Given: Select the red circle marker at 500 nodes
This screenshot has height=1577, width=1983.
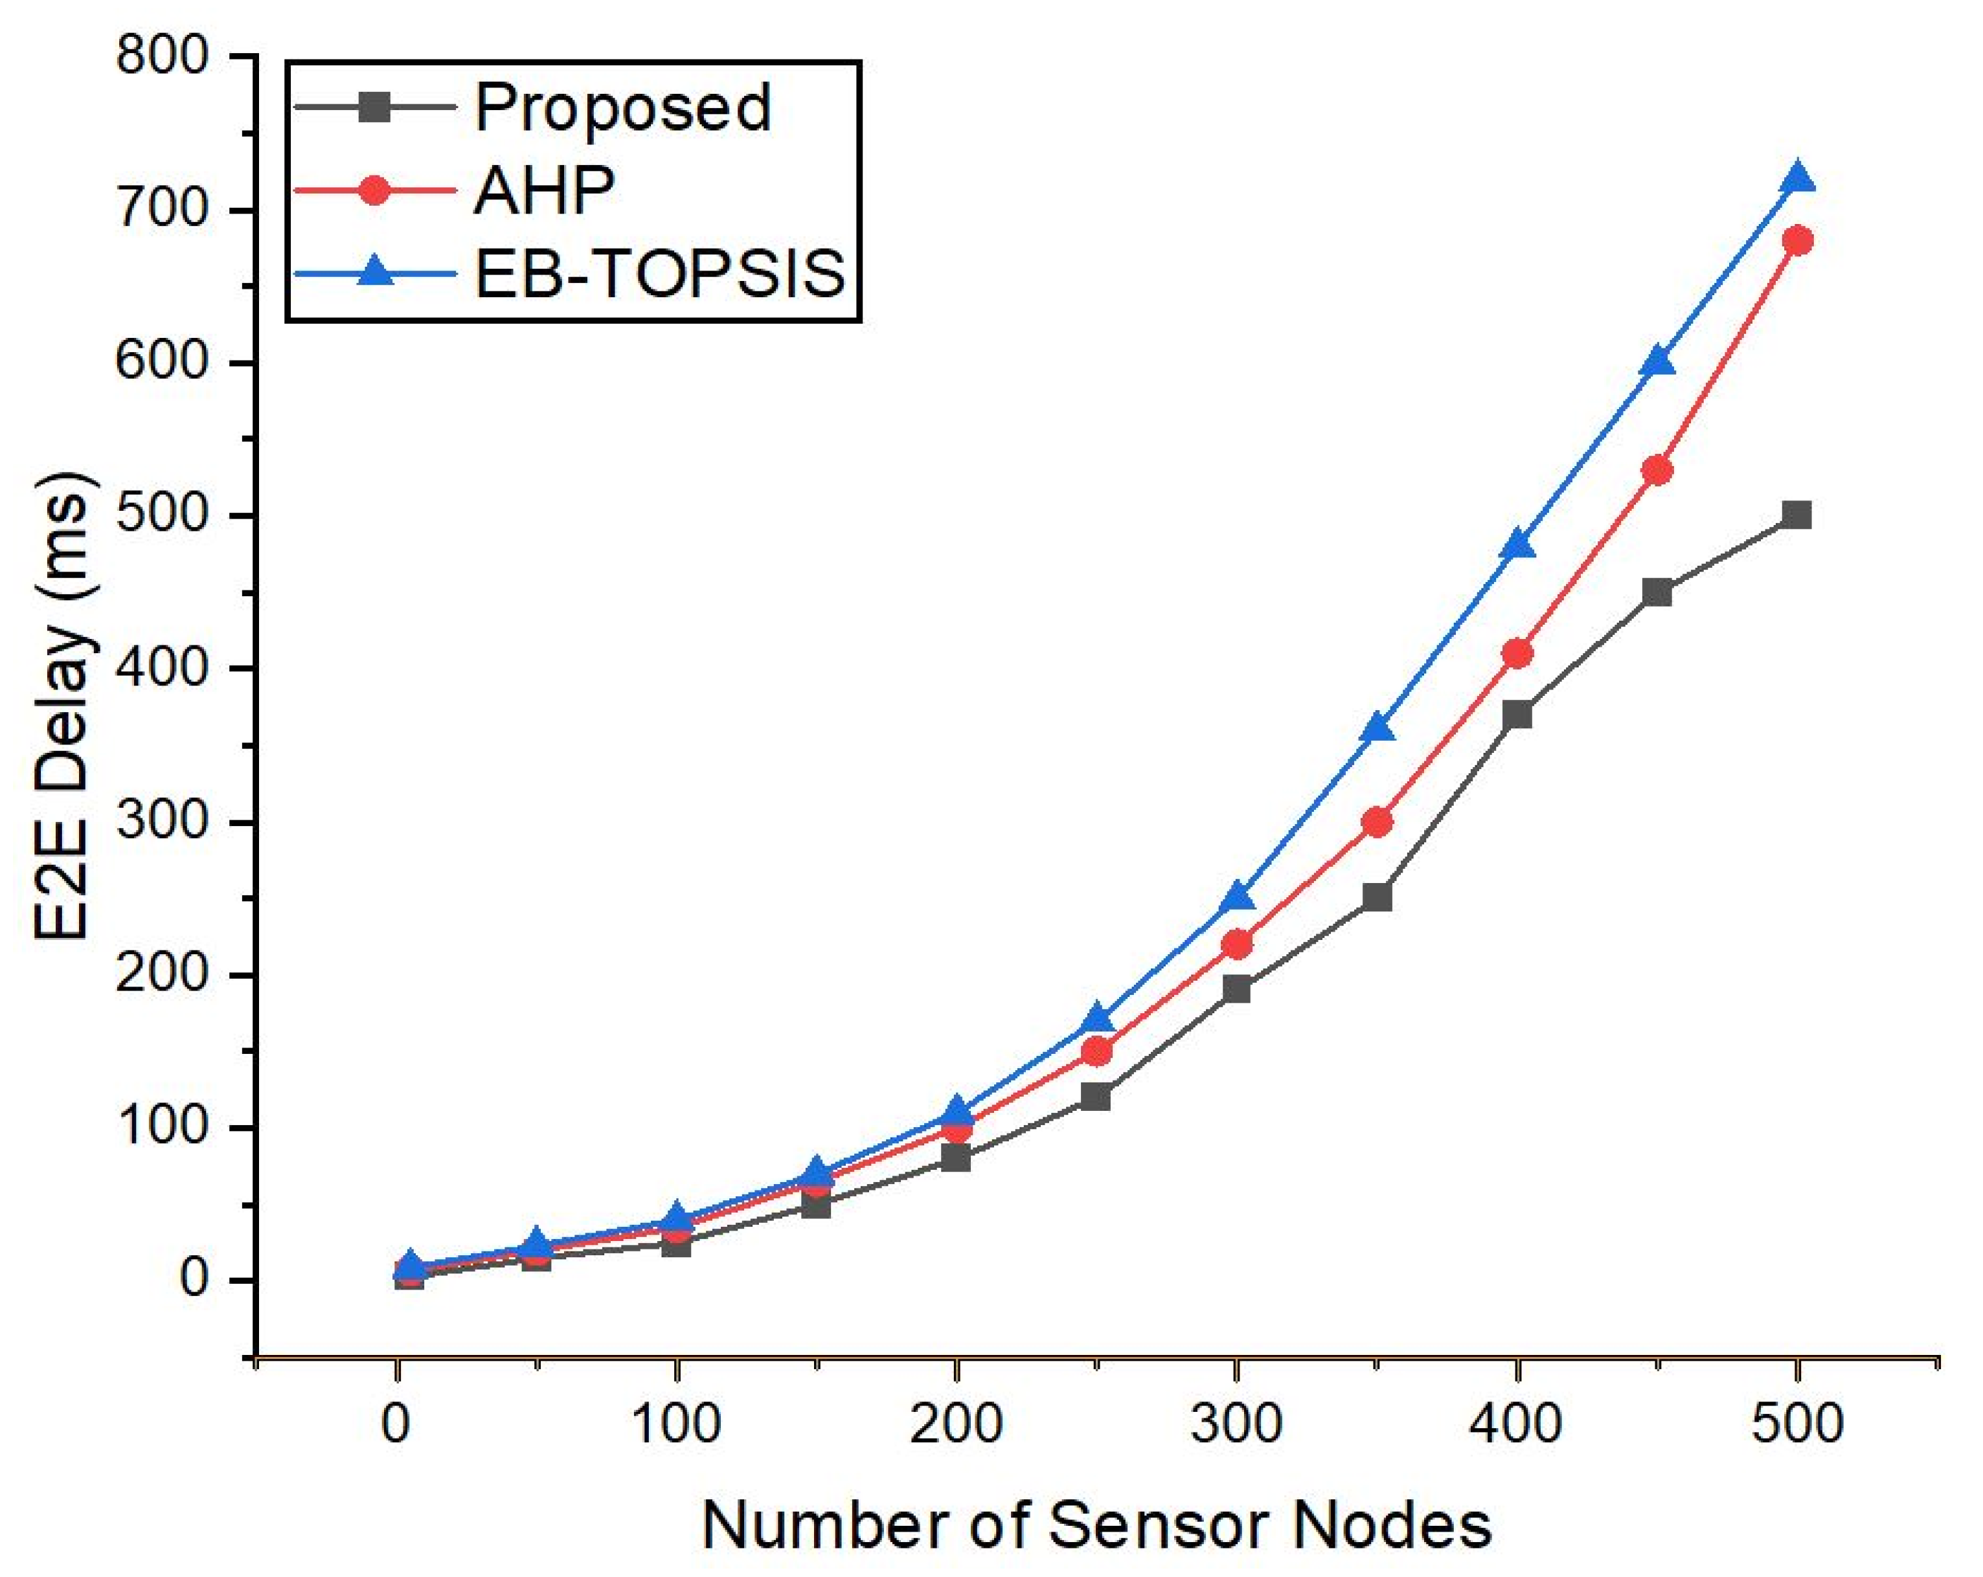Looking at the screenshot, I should (x=1796, y=241).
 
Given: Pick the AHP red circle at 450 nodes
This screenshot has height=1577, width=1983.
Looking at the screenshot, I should (x=1657, y=471).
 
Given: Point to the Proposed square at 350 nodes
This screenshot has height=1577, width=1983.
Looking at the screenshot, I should (x=1377, y=895).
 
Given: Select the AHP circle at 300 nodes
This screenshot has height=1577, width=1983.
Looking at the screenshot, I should (x=1237, y=945).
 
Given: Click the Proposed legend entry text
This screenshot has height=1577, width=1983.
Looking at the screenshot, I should (x=622, y=109).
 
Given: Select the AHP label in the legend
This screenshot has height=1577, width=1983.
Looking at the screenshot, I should (x=545, y=191).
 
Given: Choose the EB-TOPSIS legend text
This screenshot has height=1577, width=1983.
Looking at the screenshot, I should (x=659, y=273).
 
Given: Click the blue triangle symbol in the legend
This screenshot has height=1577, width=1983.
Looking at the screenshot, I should (x=374, y=272).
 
